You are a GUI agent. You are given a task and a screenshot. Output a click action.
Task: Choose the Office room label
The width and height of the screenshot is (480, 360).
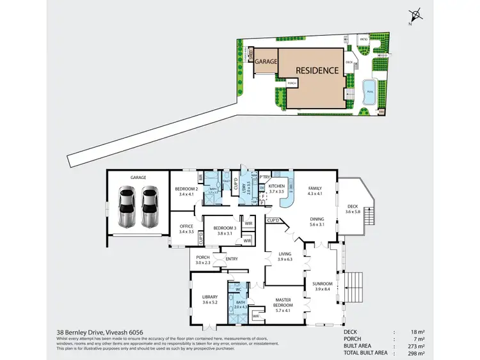point(186,226)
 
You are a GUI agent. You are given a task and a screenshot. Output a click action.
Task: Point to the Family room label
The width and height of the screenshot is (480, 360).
point(314,189)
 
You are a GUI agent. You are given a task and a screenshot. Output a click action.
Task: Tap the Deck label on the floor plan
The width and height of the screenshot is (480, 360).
point(353,206)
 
